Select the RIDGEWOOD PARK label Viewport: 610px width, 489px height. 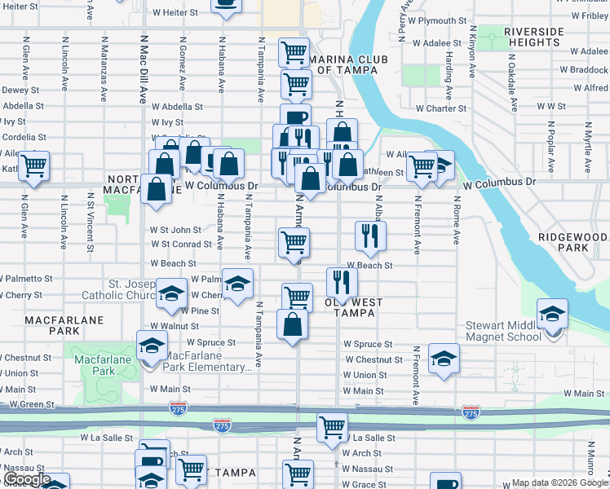tap(572, 241)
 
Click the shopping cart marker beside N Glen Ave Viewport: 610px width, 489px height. tap(34, 165)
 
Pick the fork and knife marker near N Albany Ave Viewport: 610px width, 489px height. tap(371, 236)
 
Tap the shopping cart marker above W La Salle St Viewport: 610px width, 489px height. tap(332, 426)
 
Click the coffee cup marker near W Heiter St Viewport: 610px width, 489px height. tap(226, 4)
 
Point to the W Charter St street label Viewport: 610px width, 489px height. tap(440, 108)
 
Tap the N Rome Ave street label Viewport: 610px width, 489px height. tap(456, 223)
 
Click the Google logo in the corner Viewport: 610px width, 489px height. tap(28, 480)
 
